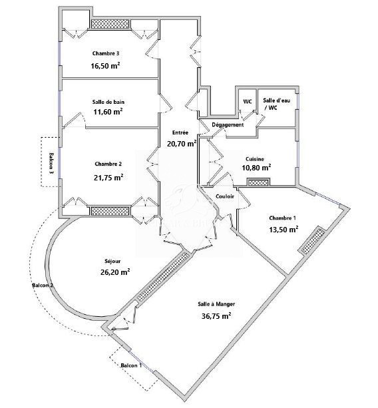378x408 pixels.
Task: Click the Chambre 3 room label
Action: click(106, 53)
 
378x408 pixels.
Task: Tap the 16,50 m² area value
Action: click(105, 65)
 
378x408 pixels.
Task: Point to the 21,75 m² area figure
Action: click(108, 178)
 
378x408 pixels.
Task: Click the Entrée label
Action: click(180, 132)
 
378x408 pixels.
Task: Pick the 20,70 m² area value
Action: click(182, 143)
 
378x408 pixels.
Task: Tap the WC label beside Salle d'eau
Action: click(248, 101)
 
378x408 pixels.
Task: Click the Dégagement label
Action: click(228, 124)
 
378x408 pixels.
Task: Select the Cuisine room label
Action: click(255, 158)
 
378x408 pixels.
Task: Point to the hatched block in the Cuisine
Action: click(258, 182)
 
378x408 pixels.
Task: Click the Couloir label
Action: click(225, 196)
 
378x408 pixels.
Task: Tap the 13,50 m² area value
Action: click(283, 229)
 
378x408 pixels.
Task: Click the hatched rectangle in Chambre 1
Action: click(313, 241)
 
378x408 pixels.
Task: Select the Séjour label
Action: click(112, 261)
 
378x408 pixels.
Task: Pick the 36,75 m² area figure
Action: click(216, 316)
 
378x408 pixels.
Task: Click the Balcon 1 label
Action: click(131, 365)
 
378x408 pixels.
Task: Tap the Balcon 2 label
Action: click(43, 285)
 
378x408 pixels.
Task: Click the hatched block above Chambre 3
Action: click(110, 24)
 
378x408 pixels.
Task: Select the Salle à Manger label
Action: click(216, 304)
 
